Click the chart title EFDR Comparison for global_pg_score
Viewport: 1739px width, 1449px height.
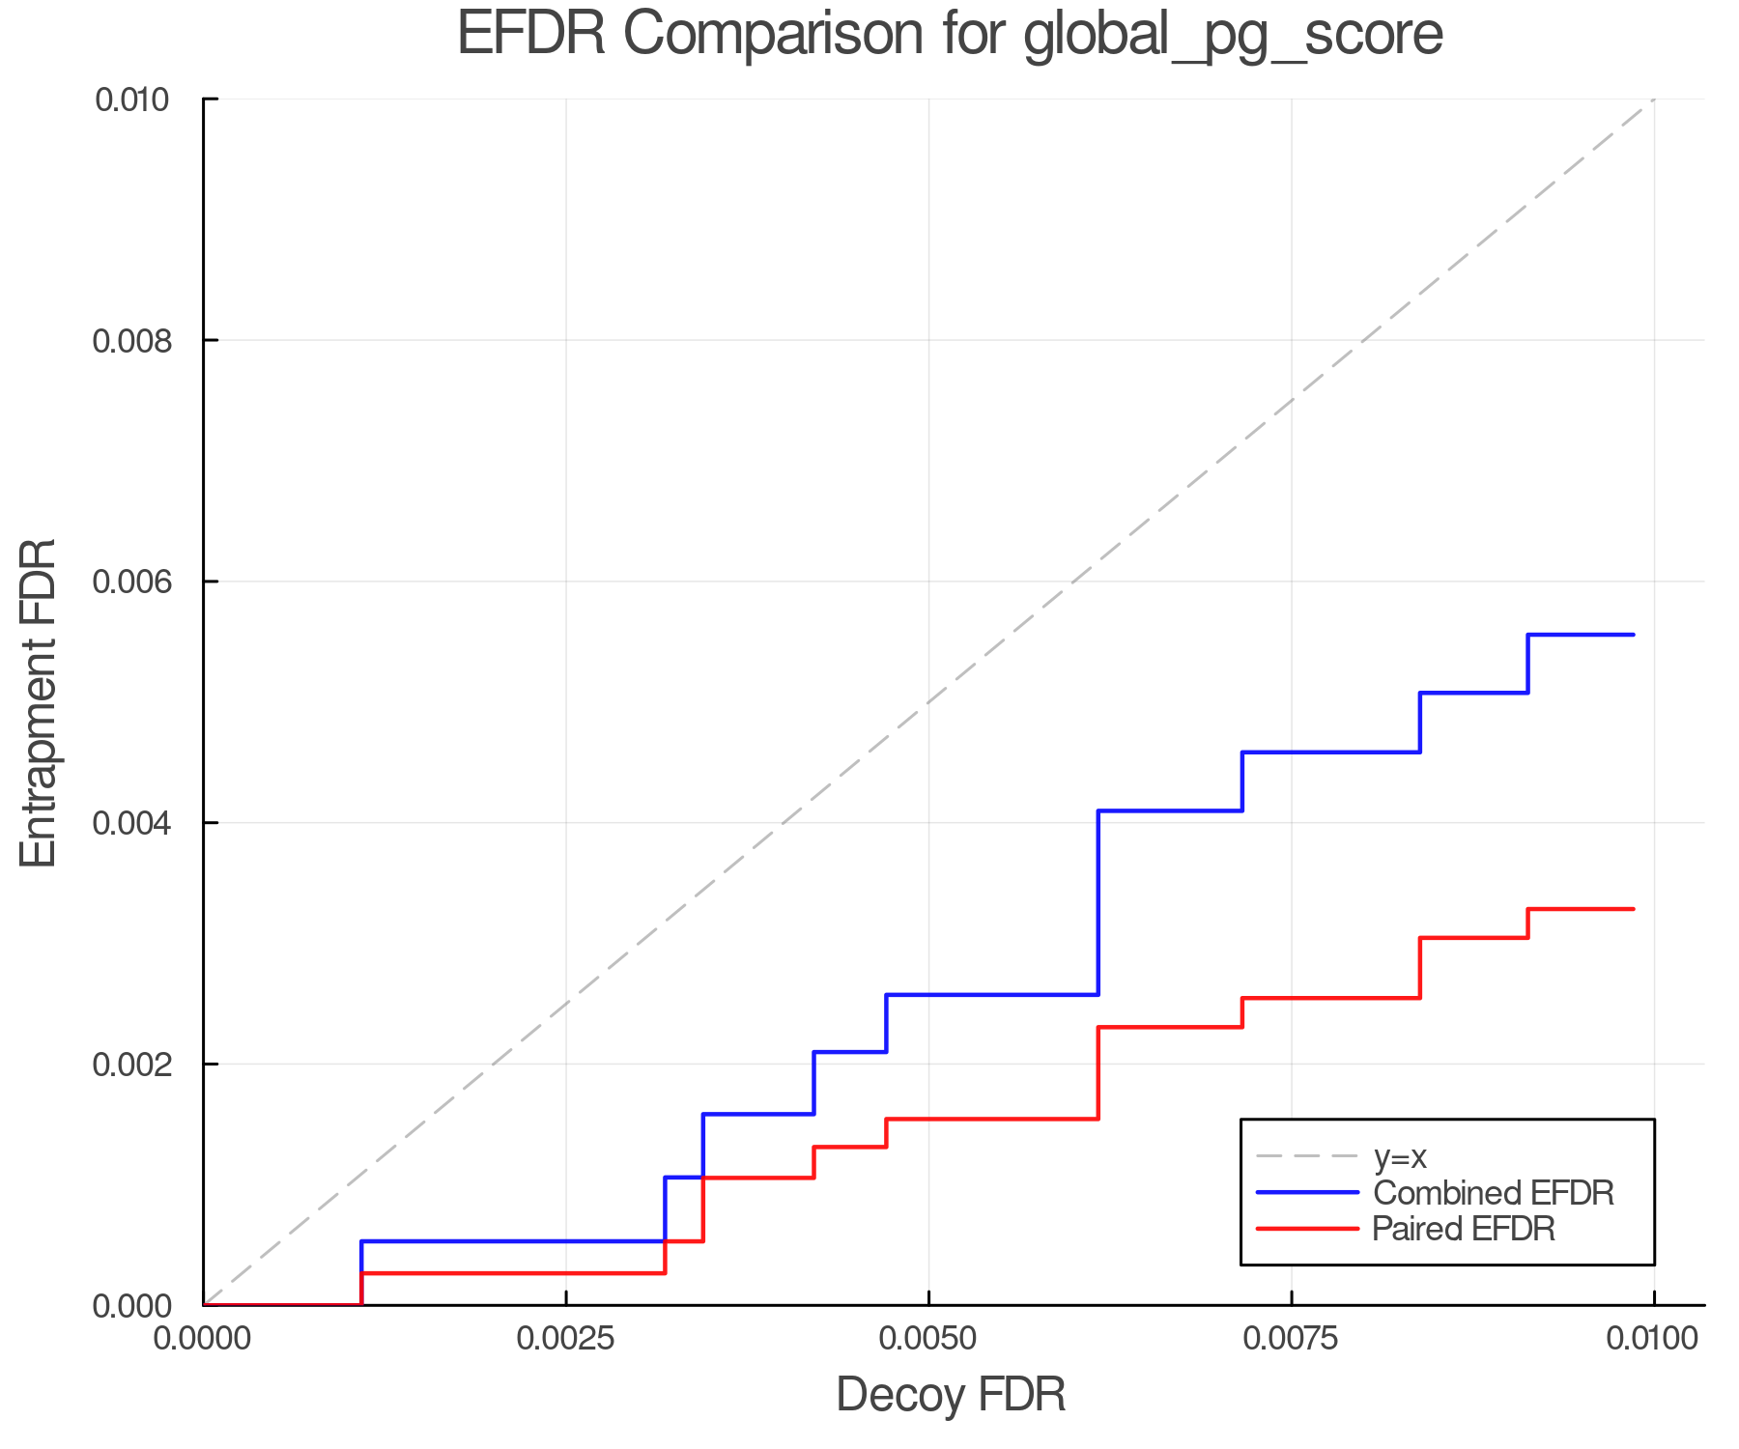(x=950, y=35)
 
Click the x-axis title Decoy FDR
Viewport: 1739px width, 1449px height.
(x=951, y=1395)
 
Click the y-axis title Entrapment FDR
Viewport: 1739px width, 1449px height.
(x=40, y=702)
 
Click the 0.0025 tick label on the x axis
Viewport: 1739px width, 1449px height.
(x=566, y=1339)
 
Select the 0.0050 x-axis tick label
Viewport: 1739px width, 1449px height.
(x=928, y=1339)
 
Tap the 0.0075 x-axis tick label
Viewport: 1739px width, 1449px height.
(x=1292, y=1339)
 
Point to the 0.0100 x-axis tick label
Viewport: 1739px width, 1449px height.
(x=1653, y=1339)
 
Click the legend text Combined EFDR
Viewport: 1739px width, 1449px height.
(x=1494, y=1193)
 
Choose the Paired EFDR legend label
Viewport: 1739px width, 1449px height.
(x=1464, y=1229)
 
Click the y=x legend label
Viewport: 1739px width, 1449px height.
(x=1400, y=1156)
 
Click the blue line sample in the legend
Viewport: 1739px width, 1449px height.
(x=1307, y=1193)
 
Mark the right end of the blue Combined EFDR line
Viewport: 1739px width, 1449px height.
(x=1633, y=635)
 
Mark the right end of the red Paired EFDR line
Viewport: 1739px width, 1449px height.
(x=1633, y=909)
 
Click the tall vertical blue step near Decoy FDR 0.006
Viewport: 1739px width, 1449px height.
(x=1098, y=903)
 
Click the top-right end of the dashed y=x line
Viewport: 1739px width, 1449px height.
(x=1654, y=99)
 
